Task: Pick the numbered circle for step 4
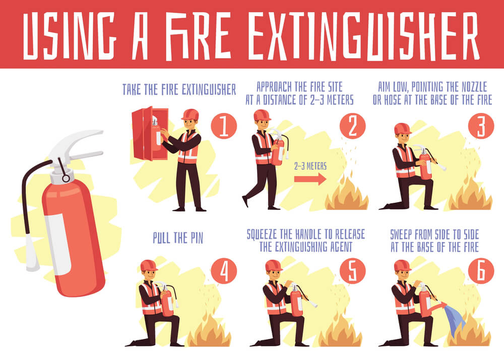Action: (x=223, y=272)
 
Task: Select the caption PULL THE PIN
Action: (x=178, y=238)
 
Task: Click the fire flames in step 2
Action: (x=347, y=194)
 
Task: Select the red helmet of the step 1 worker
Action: (x=190, y=114)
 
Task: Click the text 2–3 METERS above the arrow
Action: (x=310, y=166)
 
